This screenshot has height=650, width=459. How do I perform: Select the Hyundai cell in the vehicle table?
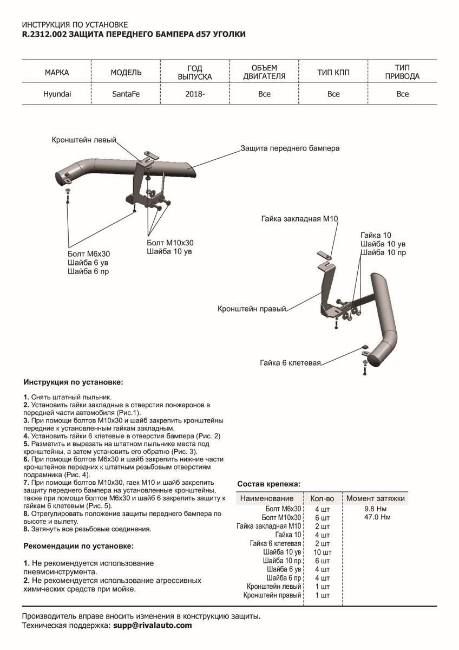(57, 94)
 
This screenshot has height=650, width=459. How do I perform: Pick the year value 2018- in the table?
(195, 94)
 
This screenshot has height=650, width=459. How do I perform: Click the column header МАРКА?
(57, 72)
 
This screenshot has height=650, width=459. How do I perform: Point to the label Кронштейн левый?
(84, 140)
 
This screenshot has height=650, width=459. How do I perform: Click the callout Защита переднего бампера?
(290, 148)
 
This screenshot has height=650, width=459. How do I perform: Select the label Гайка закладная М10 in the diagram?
(299, 219)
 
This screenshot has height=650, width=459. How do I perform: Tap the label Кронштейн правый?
(251, 308)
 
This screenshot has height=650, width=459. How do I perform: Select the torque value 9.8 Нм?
(375, 509)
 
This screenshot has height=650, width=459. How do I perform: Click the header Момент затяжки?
(375, 498)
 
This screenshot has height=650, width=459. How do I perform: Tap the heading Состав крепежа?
(268, 484)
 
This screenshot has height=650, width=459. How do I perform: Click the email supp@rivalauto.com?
(152, 626)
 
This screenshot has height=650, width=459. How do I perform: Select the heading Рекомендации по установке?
(78, 545)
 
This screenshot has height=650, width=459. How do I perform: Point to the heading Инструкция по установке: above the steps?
(73, 382)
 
